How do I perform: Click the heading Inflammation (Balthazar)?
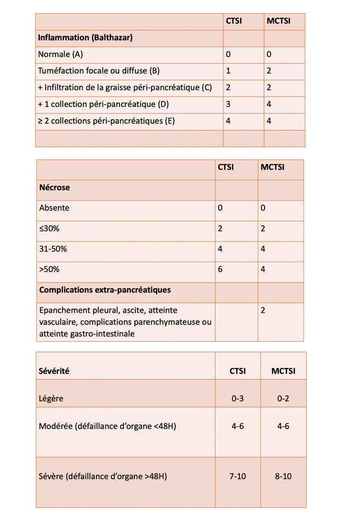pyautogui.click(x=85, y=38)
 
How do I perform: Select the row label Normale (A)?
pyautogui.click(x=60, y=55)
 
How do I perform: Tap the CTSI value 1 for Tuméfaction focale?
pyautogui.click(x=228, y=71)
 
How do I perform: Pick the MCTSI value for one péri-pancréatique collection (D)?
pyautogui.click(x=269, y=104)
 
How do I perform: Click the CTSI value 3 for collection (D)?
pyautogui.click(x=228, y=104)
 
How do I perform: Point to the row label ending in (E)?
pyautogui.click(x=106, y=121)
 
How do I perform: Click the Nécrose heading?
pyautogui.click(x=54, y=188)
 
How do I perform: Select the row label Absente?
pyautogui.click(x=54, y=208)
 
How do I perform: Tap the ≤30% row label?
pyautogui.click(x=49, y=229)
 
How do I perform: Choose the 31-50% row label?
pyautogui.click(x=53, y=249)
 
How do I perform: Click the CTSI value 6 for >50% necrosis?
pyautogui.click(x=220, y=270)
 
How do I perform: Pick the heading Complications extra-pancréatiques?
pyautogui.click(x=105, y=290)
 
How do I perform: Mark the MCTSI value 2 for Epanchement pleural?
pyautogui.click(x=263, y=311)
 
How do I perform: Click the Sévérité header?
pyautogui.click(x=54, y=371)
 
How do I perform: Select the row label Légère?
pyautogui.click(x=51, y=399)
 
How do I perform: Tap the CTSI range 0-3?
pyautogui.click(x=237, y=399)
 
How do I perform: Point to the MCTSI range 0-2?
pyautogui.click(x=283, y=399)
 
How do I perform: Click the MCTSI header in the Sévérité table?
pyautogui.click(x=283, y=371)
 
